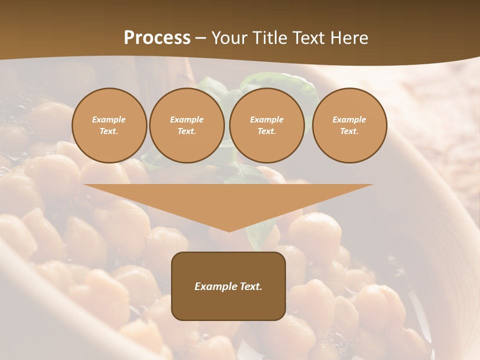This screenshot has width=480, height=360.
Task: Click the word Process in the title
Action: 157,38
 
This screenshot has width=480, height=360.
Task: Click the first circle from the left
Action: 109,125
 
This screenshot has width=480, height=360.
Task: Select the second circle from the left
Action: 186,125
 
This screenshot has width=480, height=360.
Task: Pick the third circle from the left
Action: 266,125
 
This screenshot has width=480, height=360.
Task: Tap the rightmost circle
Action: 349,125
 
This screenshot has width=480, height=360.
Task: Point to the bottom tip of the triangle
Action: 229,231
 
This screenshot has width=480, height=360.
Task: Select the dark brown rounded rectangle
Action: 228,286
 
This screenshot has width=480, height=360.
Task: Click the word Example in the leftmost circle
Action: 109,119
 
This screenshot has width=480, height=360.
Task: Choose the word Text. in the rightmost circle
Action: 349,131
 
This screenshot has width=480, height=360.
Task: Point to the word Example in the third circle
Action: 266,119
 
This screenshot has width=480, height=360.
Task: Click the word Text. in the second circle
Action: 186,131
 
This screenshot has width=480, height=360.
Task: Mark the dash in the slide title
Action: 201,38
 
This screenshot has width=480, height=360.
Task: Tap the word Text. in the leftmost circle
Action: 109,131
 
